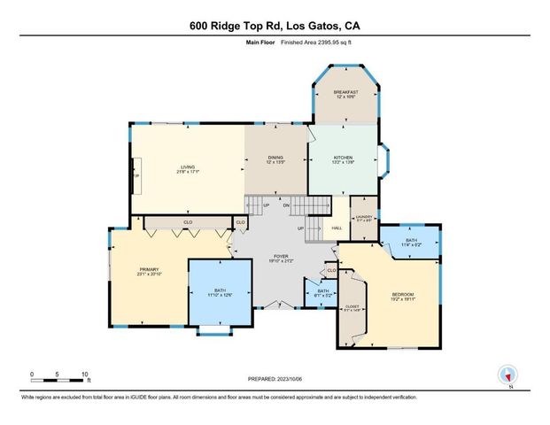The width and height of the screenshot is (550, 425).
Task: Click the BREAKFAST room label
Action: (x=346, y=93)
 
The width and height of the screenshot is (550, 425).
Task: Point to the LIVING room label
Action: (x=188, y=168)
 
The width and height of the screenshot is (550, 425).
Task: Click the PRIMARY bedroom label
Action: (x=150, y=272)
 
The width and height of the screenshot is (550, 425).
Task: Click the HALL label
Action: (x=337, y=228)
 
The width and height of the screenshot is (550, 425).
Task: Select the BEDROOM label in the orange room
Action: (x=403, y=296)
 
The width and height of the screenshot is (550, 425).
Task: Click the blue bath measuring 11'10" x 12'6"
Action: (x=219, y=292)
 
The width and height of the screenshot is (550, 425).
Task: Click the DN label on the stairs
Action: (x=286, y=205)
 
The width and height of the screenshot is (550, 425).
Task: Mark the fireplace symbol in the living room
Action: (x=136, y=174)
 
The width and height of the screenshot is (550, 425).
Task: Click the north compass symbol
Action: (x=507, y=375)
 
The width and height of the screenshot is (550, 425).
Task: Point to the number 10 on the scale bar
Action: (x=85, y=374)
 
